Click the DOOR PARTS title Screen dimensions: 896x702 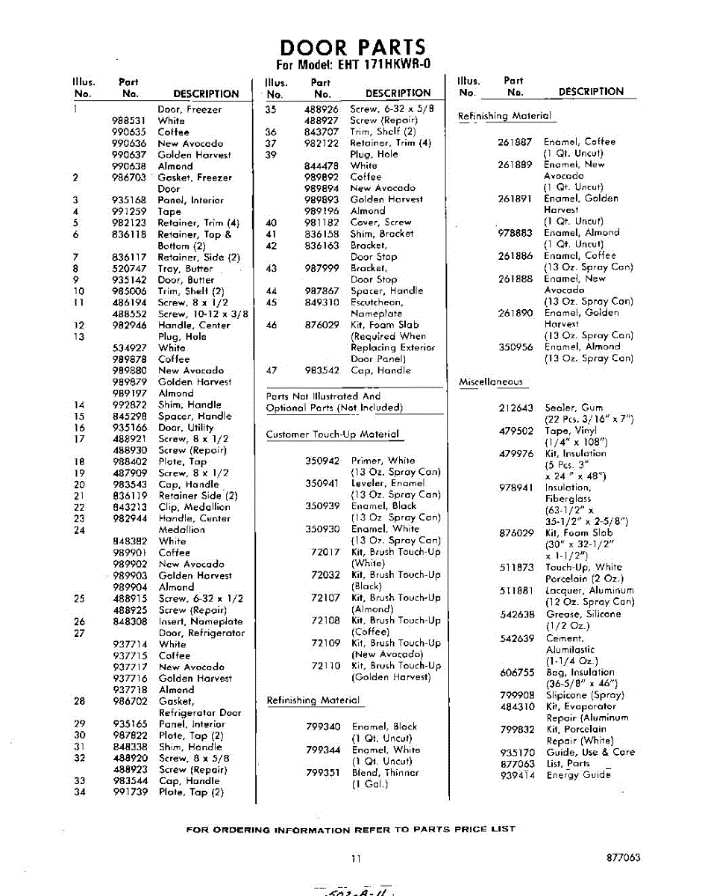point(353,47)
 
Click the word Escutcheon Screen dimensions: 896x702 point(377,302)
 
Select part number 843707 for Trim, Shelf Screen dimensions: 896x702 point(321,131)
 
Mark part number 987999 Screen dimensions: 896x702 point(321,268)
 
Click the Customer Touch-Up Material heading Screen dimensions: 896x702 point(333,435)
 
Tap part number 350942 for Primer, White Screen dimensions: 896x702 point(322,461)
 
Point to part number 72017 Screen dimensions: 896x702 point(325,552)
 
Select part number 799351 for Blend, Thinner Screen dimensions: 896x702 point(323,772)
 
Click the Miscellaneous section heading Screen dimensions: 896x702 point(490,382)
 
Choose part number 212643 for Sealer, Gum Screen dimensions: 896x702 point(516,408)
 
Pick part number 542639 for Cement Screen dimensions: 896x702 point(516,638)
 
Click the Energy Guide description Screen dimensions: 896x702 point(579,775)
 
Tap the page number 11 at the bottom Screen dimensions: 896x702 point(356,859)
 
